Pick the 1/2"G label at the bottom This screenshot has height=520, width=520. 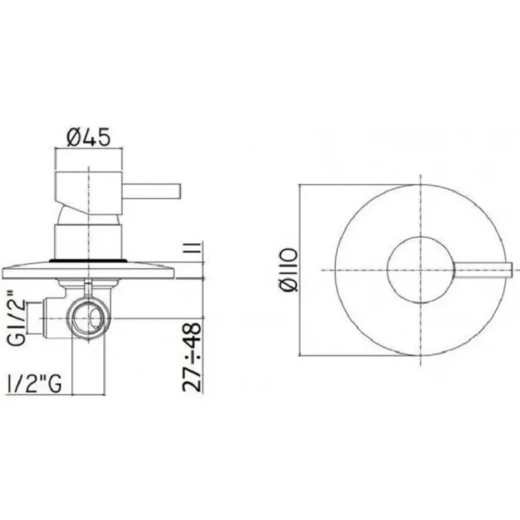point(34,385)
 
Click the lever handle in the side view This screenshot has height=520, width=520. point(151,191)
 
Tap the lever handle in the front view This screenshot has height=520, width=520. point(484,270)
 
